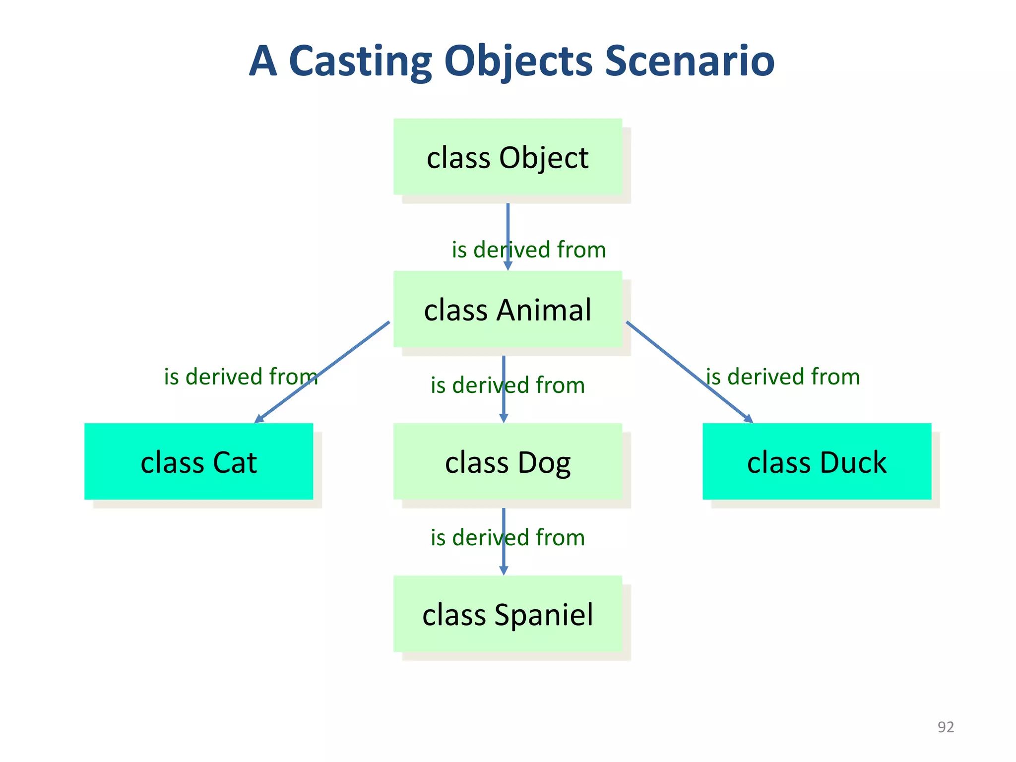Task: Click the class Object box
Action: pos(508,157)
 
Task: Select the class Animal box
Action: pos(508,309)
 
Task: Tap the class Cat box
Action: pos(198,461)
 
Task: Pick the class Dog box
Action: pos(508,461)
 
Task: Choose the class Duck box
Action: pos(817,461)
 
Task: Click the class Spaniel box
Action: pos(508,614)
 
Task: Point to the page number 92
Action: pos(946,727)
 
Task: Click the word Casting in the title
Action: pos(360,61)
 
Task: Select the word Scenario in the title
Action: pos(690,61)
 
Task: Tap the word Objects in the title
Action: pos(518,61)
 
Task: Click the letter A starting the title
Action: pos(262,61)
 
